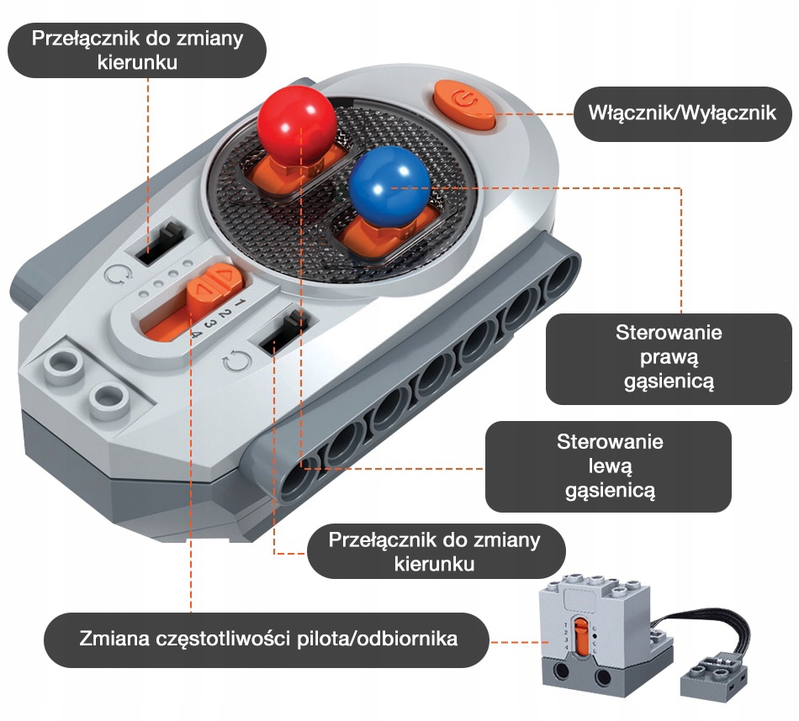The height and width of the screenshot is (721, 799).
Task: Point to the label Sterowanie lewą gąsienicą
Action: [609, 466]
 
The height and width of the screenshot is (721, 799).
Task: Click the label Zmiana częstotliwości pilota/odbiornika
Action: [268, 639]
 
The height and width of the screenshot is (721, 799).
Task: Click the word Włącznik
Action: [632, 112]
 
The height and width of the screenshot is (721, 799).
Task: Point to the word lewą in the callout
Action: [610, 466]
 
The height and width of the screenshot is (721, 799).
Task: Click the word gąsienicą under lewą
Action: [610, 491]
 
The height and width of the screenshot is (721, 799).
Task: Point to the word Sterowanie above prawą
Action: [669, 332]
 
